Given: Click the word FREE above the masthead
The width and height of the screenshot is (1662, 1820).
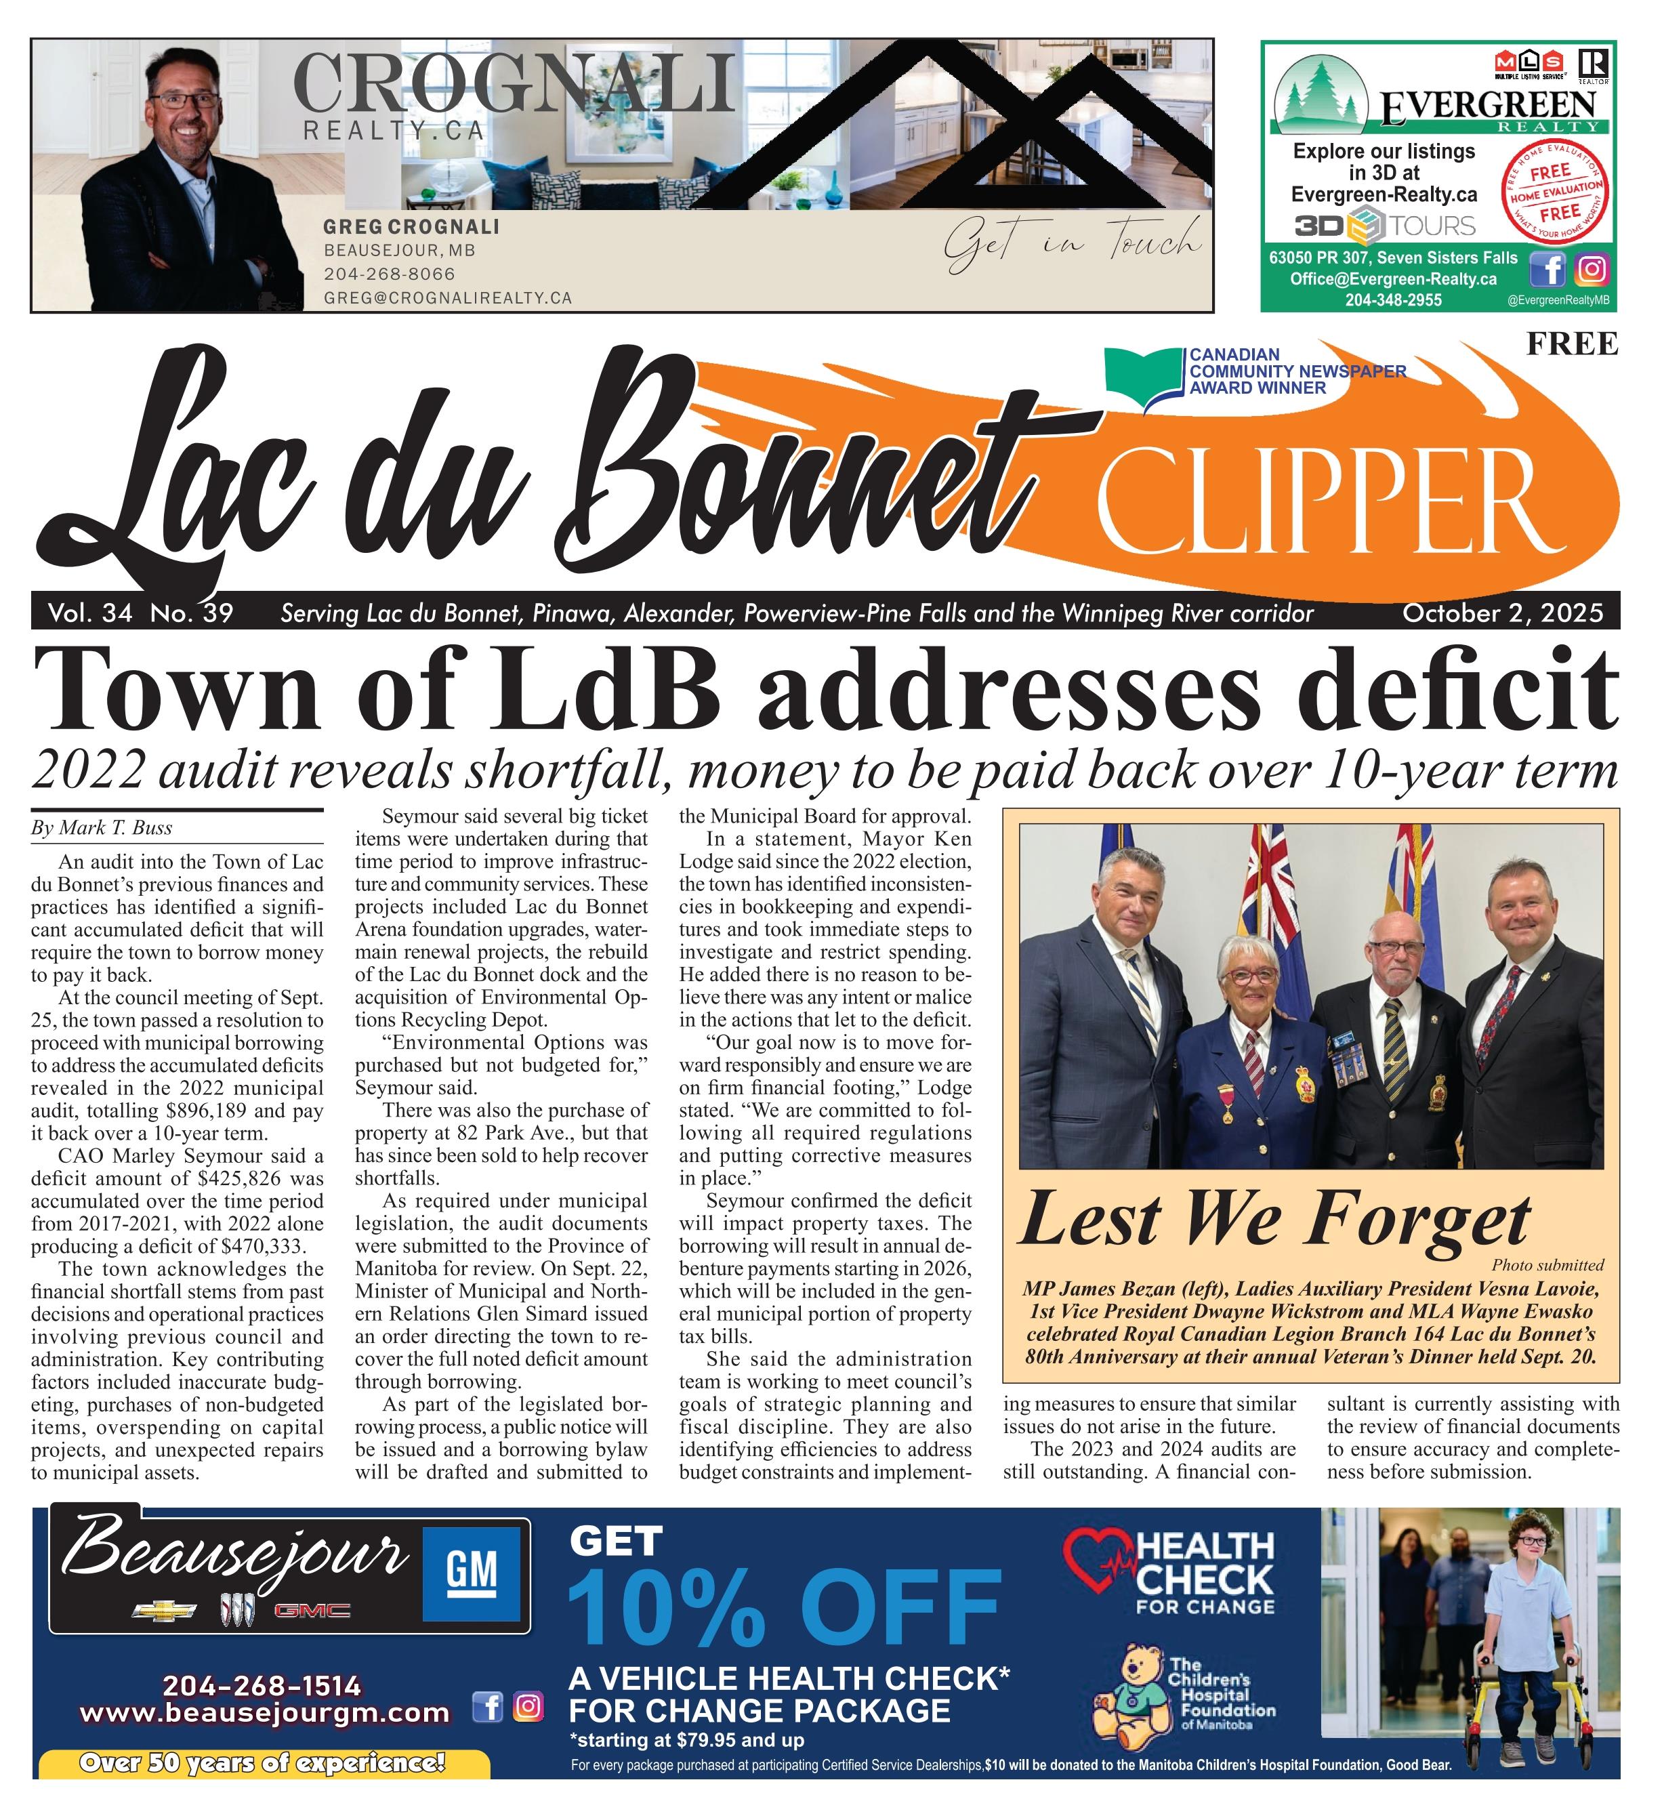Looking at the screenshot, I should point(1572,344).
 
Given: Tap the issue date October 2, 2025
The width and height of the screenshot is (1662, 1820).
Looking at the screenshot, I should point(1502,614).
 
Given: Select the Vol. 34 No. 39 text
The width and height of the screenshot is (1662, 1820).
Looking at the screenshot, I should point(141,614).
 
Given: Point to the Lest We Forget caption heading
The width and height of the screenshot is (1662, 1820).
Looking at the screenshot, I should point(1274,1220).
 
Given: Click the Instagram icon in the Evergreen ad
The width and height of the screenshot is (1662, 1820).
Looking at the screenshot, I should point(1592,269).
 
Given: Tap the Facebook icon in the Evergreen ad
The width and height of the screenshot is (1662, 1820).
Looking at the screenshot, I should point(1553,269).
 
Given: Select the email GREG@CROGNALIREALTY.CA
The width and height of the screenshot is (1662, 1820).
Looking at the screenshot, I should point(448,298).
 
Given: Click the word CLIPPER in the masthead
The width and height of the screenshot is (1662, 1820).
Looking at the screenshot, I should point(1318,502).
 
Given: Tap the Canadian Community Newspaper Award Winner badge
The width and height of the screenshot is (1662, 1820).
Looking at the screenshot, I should point(1255,372).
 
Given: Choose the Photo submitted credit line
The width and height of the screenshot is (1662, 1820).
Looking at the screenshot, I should point(1547,1265).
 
